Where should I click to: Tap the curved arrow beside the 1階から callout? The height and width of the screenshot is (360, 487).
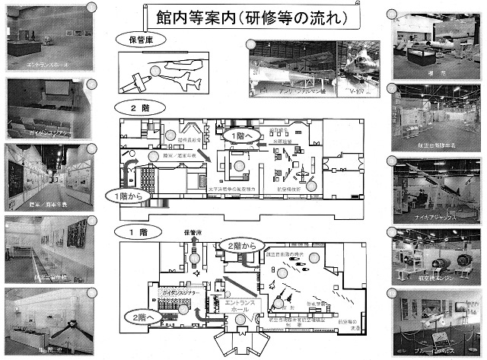[132, 170]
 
